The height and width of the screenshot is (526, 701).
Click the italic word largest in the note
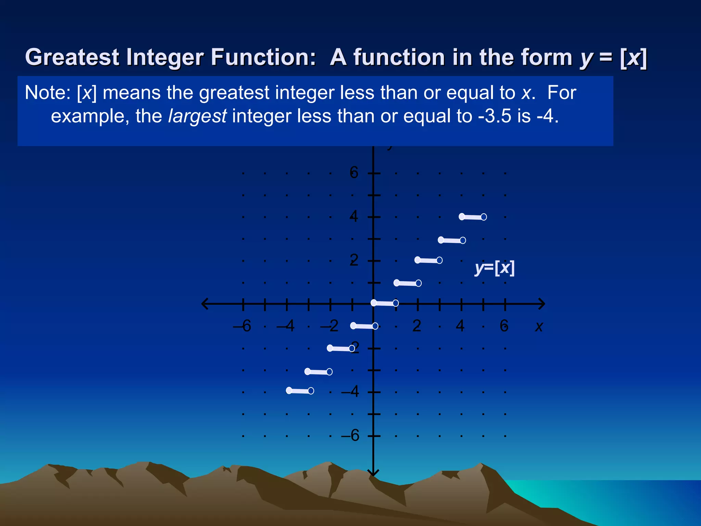[197, 116]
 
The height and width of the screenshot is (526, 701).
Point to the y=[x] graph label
[495, 268]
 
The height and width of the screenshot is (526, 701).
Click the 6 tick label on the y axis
[354, 172]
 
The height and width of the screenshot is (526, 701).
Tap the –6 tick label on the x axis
[242, 326]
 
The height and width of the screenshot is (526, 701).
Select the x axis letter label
[539, 326]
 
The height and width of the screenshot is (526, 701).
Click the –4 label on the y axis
[350, 391]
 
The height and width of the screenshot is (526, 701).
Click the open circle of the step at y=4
[484, 217]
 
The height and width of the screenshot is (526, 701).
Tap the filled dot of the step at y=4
[462, 216]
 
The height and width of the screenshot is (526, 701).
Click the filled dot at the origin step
[374, 303]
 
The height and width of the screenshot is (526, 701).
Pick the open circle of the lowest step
[311, 391]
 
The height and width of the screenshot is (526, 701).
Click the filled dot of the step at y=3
[441, 240]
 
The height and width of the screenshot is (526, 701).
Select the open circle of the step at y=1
[418, 283]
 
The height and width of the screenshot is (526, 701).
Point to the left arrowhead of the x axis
[205, 304]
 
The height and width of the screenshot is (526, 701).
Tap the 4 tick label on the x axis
[460, 326]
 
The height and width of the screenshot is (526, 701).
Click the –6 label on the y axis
[350, 436]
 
